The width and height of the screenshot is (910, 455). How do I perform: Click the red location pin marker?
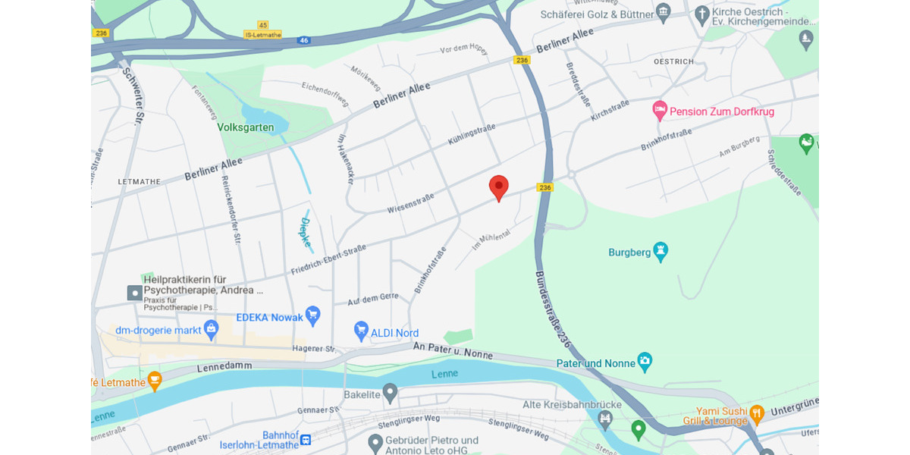pyautogui.click(x=498, y=187)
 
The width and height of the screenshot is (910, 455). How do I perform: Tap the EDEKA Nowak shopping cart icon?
pyautogui.click(x=312, y=315)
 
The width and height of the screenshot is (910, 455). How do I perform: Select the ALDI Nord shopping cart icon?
pyautogui.click(x=362, y=331)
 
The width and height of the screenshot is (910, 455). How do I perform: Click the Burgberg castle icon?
pyautogui.click(x=661, y=251)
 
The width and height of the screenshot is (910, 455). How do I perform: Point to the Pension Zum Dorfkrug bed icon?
pyautogui.click(x=660, y=111)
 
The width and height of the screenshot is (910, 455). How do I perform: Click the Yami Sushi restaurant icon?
pyautogui.click(x=756, y=415)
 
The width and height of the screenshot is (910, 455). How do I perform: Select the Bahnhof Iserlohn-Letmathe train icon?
pyautogui.click(x=306, y=439)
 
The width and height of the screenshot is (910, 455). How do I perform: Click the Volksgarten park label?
pyautogui.click(x=246, y=127)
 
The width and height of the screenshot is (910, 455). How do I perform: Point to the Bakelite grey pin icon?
pyautogui.click(x=390, y=393)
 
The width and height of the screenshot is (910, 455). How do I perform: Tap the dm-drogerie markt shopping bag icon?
pyautogui.click(x=212, y=329)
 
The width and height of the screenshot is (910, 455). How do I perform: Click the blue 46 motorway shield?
pyautogui.click(x=303, y=39)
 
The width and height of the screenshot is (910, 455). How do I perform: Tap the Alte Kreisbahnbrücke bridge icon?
pyautogui.click(x=605, y=418)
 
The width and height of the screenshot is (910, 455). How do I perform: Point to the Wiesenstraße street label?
pyautogui.click(x=410, y=202)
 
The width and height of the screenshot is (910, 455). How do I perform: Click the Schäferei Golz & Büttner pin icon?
pyautogui.click(x=664, y=13)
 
